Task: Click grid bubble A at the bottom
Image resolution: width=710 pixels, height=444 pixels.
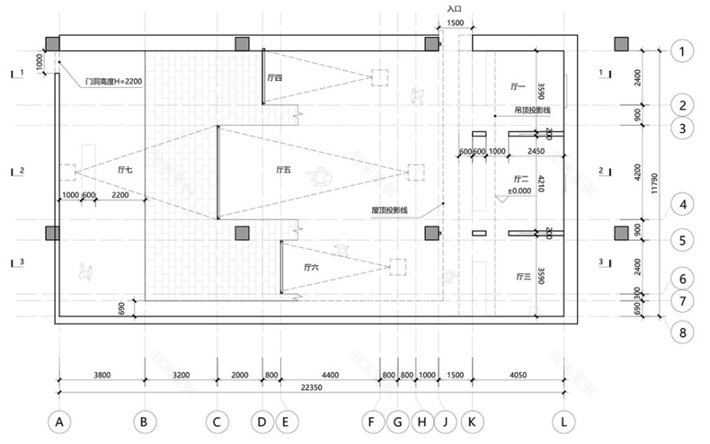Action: pyautogui.click(x=58, y=421)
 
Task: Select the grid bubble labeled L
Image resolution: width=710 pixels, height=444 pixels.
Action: pyautogui.click(x=565, y=421)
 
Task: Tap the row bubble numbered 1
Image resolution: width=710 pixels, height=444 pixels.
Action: pyautogui.click(x=683, y=52)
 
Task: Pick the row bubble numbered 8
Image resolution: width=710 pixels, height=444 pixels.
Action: pyautogui.click(x=683, y=330)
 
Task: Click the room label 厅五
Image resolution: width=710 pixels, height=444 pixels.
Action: pyautogui.click(x=283, y=169)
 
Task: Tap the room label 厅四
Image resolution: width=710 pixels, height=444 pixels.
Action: pyautogui.click(x=274, y=78)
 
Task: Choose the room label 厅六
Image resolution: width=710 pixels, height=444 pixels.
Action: pyautogui.click(x=312, y=266)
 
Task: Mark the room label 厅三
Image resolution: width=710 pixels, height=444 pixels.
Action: pyautogui.click(x=522, y=276)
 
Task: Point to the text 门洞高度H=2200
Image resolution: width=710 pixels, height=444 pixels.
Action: pyautogui.click(x=114, y=81)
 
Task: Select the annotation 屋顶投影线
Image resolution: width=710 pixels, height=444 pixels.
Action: pyautogui.click(x=390, y=210)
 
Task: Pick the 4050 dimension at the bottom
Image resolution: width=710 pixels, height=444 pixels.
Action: pyautogui.click(x=518, y=375)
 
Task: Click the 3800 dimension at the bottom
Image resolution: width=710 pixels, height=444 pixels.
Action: pyautogui.click(x=101, y=375)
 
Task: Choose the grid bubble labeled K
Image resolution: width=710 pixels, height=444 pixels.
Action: pyautogui.click(x=471, y=421)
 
